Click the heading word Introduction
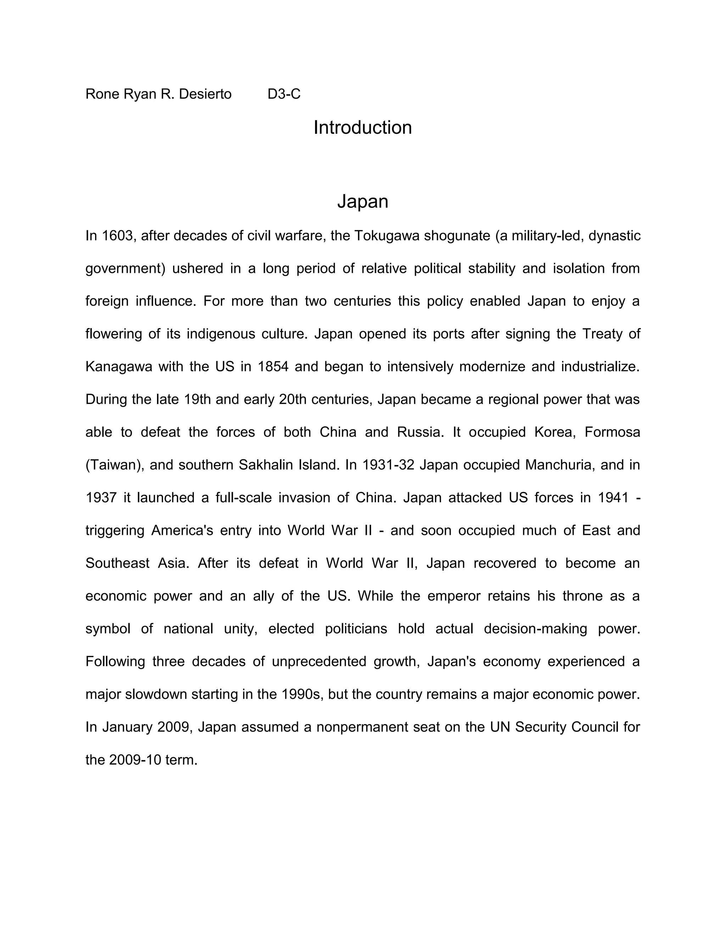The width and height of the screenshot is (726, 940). (363, 128)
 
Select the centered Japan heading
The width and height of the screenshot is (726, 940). (363, 201)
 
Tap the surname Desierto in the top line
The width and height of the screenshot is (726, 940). (205, 94)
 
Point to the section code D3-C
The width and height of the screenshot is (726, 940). (284, 94)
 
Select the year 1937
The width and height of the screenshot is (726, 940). (101, 498)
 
